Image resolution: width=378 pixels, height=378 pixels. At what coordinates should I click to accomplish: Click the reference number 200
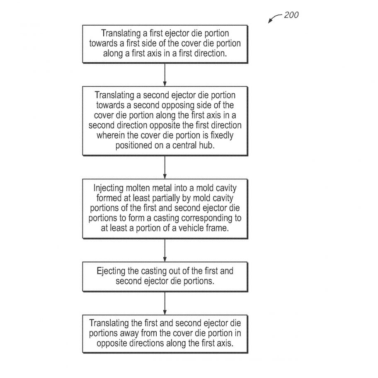291,15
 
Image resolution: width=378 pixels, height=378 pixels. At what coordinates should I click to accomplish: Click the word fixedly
222,136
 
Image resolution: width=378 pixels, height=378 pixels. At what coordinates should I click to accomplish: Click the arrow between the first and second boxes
165,75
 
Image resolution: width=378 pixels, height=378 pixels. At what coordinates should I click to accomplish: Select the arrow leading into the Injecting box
165,167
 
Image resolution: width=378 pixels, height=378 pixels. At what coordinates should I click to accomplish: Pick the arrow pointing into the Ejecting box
165,250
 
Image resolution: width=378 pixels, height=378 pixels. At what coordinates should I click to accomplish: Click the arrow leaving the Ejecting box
165,303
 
